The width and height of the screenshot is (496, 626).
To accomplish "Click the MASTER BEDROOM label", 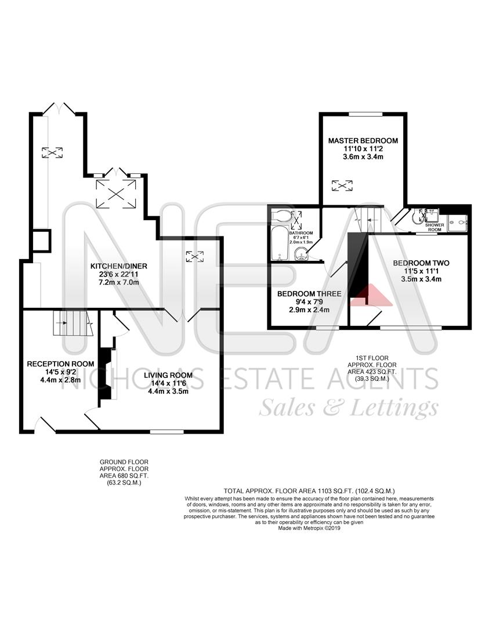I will (363, 141).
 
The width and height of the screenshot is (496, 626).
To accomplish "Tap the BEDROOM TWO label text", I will (421, 263).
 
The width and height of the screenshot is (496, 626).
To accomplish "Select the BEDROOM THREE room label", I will (309, 294).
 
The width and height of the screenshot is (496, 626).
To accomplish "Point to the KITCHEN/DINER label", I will (118, 266).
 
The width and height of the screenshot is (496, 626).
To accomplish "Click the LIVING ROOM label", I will (168, 375).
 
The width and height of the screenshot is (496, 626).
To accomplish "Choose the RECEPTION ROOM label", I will (56, 364).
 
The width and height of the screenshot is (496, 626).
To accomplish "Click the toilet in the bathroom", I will (281, 216).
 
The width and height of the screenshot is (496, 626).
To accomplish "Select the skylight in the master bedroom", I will (342, 185).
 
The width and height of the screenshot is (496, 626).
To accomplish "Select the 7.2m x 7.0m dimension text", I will (118, 282).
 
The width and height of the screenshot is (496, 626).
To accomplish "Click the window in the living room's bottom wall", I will (167, 431).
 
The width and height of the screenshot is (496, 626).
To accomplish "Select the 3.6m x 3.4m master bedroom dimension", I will (363, 156).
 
